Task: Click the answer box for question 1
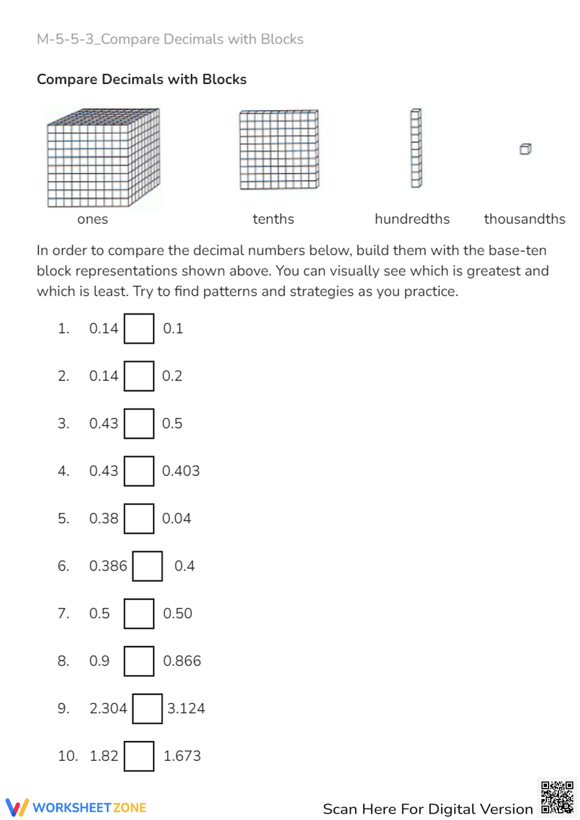pos(139,329)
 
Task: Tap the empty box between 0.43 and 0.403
pos(139,471)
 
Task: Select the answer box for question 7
pos(139,614)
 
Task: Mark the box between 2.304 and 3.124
pos(147,709)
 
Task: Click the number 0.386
pos(108,566)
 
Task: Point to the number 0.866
pos(182,661)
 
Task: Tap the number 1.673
pos(182,756)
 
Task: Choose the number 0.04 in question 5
pos(176,518)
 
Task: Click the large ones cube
pos(103,158)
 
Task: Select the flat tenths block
pos(279,150)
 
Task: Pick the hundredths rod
pos(416,148)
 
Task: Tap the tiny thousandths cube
pos(525,149)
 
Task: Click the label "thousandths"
pos(524,219)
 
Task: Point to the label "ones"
pos(93,219)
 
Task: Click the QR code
pos(557,797)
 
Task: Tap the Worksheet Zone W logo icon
pos(17,807)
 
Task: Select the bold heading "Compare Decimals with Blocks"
pos(142,79)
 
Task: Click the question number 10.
pos(67,756)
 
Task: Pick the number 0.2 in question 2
pos(172,376)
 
